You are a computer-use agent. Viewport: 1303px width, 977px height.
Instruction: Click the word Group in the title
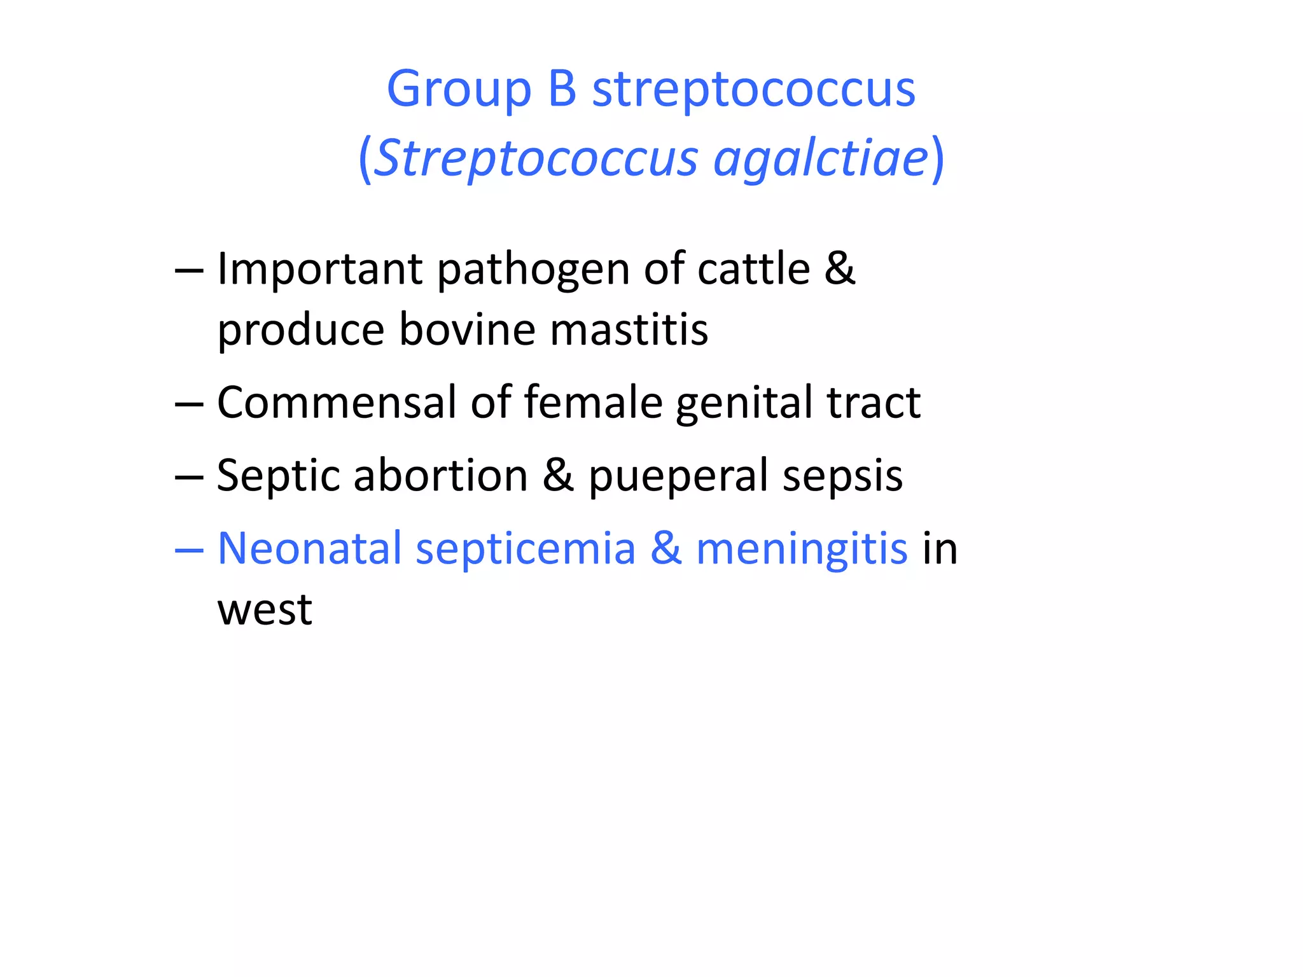pos(459,89)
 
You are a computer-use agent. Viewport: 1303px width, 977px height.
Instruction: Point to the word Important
pos(319,270)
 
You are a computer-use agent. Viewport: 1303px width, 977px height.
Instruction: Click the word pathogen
pos(533,270)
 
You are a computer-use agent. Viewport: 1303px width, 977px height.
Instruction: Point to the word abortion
pos(440,475)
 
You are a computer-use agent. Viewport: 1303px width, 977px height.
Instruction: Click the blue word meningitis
pos(802,550)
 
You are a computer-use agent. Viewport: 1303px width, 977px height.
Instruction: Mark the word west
pos(265,609)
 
